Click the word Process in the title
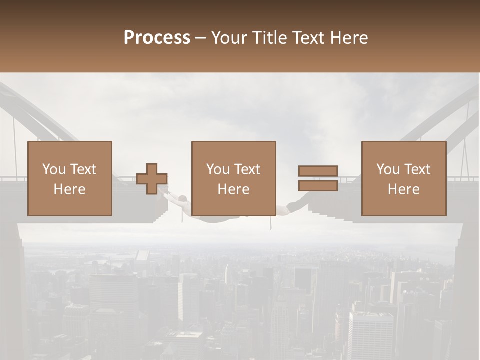[x=157, y=38]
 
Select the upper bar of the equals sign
[x=318, y=171]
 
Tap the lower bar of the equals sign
[x=318, y=185]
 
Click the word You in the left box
[x=54, y=169]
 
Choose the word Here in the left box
[x=69, y=189]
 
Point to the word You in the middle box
[x=218, y=169]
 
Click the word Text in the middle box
[x=247, y=169]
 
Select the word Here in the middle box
[x=233, y=189]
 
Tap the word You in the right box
[x=388, y=169]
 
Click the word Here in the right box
[x=403, y=189]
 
